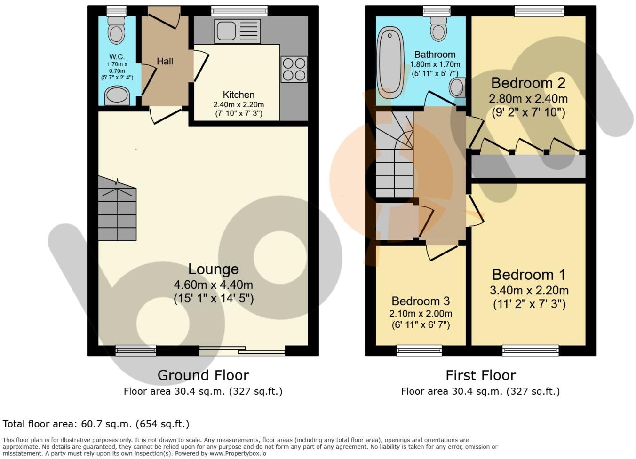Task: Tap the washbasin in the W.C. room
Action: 117,96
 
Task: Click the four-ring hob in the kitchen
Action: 294,69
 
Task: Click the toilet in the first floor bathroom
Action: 438,29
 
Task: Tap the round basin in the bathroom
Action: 457,87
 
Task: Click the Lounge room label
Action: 214,269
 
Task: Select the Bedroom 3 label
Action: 421,301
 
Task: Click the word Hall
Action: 165,61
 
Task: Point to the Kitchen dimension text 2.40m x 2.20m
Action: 238,104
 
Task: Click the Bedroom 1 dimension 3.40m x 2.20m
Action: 529,290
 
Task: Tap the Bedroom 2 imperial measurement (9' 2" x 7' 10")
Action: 528,112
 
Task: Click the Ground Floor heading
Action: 203,375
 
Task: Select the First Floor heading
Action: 480,375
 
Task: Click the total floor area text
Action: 96,424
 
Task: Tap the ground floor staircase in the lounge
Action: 117,209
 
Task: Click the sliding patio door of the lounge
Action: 242,350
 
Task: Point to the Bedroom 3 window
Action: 419,350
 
